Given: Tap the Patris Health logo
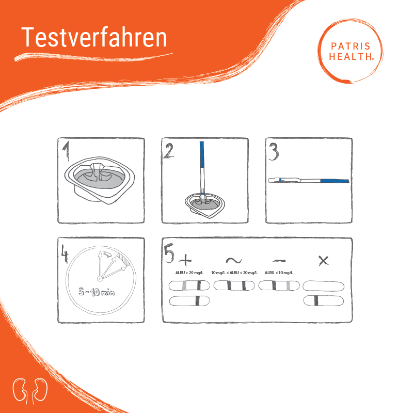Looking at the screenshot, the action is [x=351, y=51].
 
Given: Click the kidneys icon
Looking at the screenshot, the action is [x=30, y=391].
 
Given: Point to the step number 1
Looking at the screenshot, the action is [x=66, y=150].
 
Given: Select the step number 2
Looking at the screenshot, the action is [x=169, y=151].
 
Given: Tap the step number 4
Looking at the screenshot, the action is [x=65, y=253].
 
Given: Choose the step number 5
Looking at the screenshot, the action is [x=169, y=253].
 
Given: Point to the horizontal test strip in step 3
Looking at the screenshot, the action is [x=309, y=180].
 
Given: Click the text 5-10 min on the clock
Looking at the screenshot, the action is [x=97, y=292].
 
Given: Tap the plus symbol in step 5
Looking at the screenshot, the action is [x=185, y=260].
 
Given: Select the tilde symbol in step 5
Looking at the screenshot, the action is [x=234, y=261].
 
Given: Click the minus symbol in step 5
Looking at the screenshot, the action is [x=279, y=261].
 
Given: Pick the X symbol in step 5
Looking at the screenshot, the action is [x=324, y=261].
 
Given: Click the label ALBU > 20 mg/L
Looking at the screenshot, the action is [x=189, y=273].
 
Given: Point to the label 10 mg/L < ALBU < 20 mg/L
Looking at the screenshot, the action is [x=234, y=273].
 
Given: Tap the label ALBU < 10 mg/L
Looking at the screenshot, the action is [x=279, y=273].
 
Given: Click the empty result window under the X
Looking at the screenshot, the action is [x=324, y=286].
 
